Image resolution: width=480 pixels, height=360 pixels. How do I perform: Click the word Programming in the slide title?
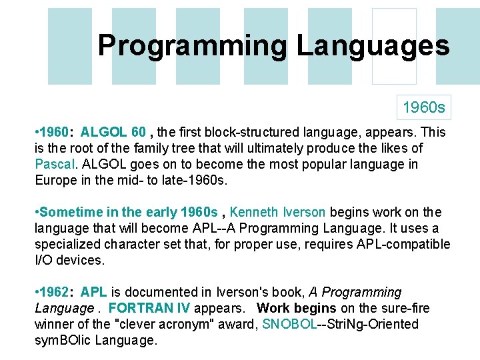pyautogui.click(x=192, y=46)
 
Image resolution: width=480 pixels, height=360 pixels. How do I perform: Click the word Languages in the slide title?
pyautogui.click(x=373, y=46)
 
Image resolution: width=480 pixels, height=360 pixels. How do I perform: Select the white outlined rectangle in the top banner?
pyautogui.click(x=394, y=46)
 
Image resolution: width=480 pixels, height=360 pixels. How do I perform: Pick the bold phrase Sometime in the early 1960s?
pyautogui.click(x=129, y=212)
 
